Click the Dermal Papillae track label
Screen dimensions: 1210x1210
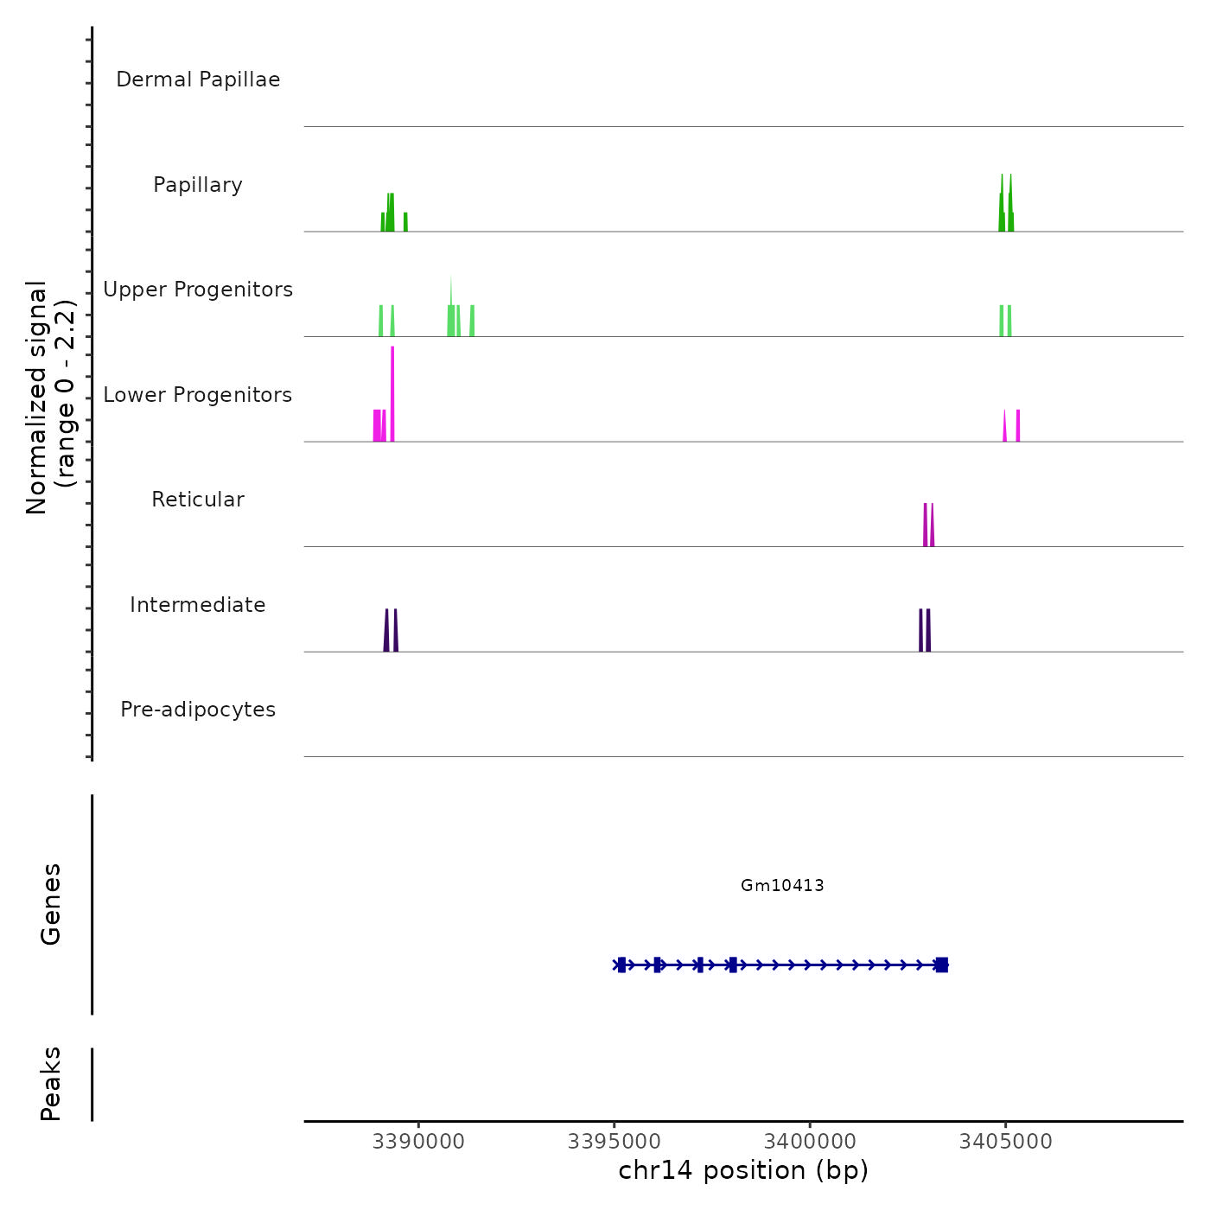[x=198, y=80]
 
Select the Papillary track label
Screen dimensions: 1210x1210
[x=198, y=185]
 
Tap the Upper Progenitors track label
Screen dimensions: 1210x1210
[x=198, y=290]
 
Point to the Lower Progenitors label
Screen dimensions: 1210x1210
[x=198, y=395]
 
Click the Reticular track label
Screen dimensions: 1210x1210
[x=198, y=500]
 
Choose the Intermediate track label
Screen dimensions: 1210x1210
[x=198, y=605]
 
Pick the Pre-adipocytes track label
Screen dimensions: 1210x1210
[x=198, y=710]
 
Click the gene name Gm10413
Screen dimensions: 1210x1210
[x=782, y=886]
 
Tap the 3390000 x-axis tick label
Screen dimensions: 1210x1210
[x=419, y=1142]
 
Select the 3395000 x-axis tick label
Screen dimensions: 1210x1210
[x=615, y=1142]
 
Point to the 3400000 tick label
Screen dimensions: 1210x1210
[x=811, y=1142]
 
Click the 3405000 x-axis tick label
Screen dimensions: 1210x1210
[x=1006, y=1142]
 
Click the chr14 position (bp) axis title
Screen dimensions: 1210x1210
[x=743, y=1171]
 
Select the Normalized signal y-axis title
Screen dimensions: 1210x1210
[x=50, y=398]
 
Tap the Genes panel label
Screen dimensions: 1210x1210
[x=51, y=904]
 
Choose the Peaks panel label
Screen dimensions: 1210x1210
[x=51, y=1084]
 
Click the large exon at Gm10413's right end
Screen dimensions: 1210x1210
[x=942, y=965]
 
